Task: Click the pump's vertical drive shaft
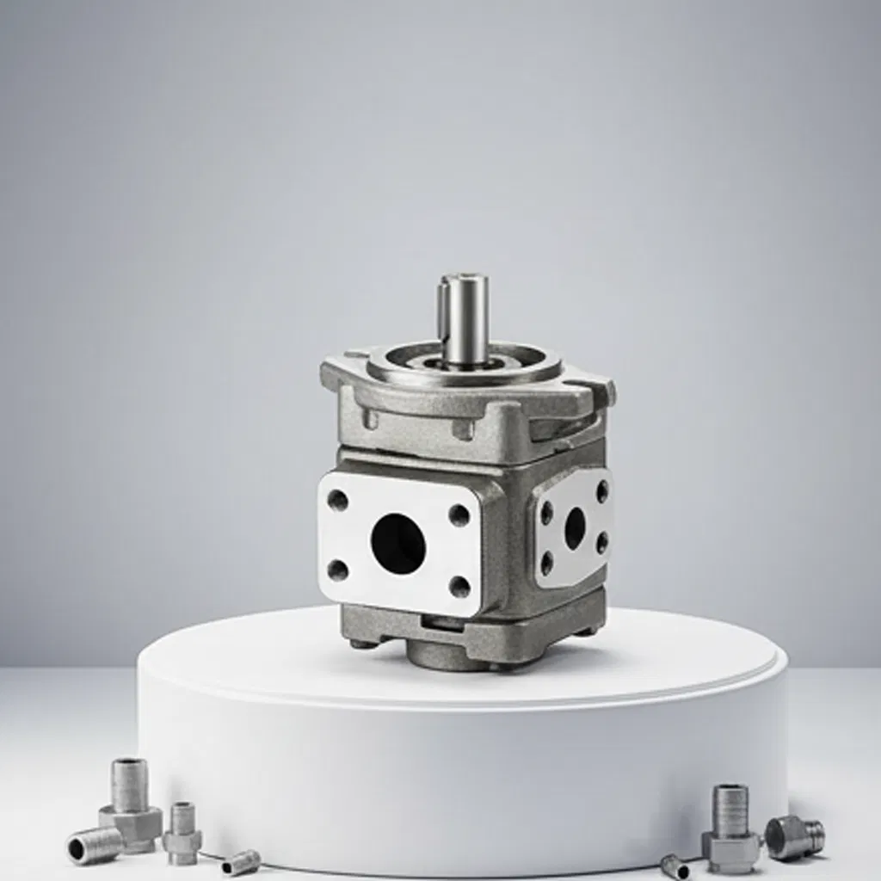pyautogui.click(x=464, y=314)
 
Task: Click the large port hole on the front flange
pyautogui.click(x=397, y=543)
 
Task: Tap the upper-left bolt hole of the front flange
pyautogui.click(x=338, y=501)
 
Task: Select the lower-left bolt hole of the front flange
pyautogui.click(x=338, y=570)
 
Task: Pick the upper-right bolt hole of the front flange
pyautogui.click(x=459, y=515)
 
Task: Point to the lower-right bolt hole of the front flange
pyautogui.click(x=460, y=587)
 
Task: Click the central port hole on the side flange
pyautogui.click(x=575, y=527)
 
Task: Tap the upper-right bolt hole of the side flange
pyautogui.click(x=602, y=491)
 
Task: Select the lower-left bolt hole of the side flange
pyautogui.click(x=546, y=564)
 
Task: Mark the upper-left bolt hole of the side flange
pyautogui.click(x=546, y=513)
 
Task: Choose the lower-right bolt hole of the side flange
pyautogui.click(x=602, y=543)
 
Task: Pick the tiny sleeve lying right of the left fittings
pyautogui.click(x=241, y=861)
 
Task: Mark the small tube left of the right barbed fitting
pyautogui.click(x=675, y=866)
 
